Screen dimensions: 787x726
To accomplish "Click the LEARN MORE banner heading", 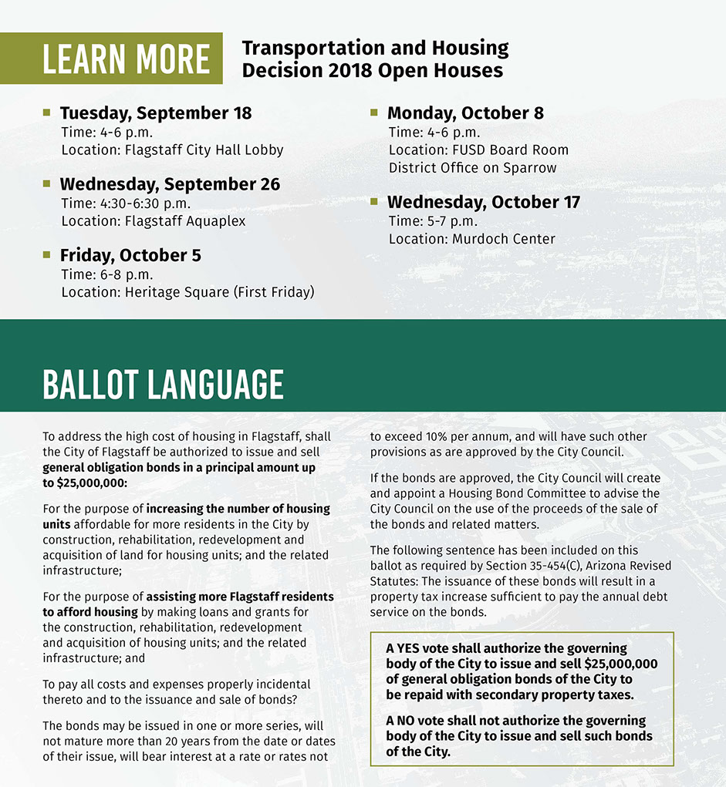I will tap(126, 59).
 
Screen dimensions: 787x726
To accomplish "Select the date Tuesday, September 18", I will tap(156, 113).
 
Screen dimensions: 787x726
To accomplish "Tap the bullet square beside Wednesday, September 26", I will tap(46, 184).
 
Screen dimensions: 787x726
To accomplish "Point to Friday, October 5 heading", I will tap(130, 255).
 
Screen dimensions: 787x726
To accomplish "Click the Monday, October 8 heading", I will tap(465, 113).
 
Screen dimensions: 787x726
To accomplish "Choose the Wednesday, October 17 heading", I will tap(484, 203).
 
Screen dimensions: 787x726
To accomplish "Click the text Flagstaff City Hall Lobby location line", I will tap(172, 150).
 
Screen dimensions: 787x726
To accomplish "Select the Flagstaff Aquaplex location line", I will tap(154, 221).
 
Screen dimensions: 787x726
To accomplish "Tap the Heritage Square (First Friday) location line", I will tap(187, 292).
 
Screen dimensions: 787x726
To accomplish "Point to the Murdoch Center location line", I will tap(471, 239).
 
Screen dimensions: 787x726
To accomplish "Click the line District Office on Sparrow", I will tap(472, 168).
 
